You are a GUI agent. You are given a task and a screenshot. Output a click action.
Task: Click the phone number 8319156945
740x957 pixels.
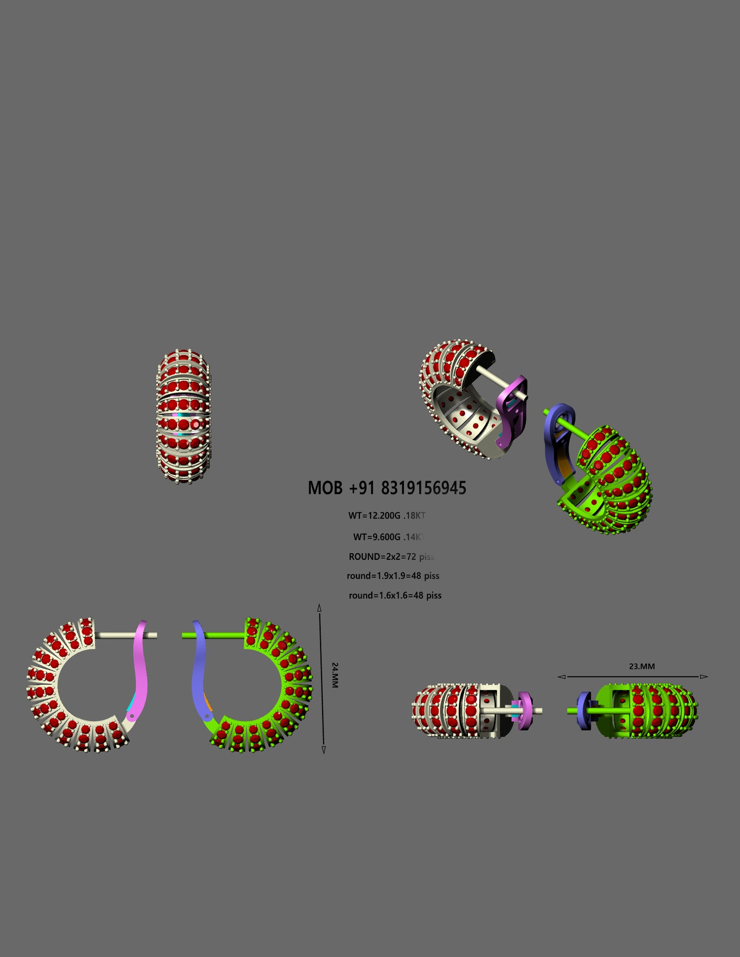(x=423, y=488)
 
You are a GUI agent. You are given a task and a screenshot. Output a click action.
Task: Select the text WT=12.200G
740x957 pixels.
(x=374, y=516)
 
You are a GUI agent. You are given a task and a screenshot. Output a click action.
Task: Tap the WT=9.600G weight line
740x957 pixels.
(x=377, y=537)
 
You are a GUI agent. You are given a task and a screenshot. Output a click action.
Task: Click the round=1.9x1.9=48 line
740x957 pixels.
(x=393, y=576)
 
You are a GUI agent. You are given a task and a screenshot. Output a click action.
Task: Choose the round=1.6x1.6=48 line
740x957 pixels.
(x=395, y=596)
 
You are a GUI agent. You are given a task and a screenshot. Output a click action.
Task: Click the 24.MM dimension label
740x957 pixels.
(x=335, y=675)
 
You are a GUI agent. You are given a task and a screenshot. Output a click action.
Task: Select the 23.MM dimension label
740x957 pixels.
(x=642, y=667)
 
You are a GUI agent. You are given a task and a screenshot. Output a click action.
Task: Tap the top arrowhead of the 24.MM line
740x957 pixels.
(x=320, y=608)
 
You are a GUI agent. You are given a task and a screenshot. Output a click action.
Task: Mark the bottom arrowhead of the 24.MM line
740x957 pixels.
(x=324, y=750)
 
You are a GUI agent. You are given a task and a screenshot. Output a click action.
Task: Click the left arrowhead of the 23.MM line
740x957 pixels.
(x=562, y=677)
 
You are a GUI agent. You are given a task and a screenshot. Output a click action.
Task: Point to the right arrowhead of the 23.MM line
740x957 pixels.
(x=704, y=677)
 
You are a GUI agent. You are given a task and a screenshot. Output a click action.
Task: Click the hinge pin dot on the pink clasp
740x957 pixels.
(x=132, y=716)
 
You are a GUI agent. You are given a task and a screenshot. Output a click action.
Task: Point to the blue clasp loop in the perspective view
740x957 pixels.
(x=554, y=435)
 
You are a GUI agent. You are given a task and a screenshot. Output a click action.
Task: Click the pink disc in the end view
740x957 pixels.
(x=524, y=710)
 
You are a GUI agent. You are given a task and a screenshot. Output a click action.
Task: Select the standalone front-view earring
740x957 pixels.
(x=183, y=417)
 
